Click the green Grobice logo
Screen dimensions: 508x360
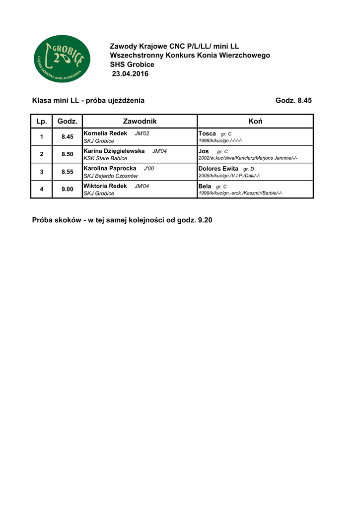click(62, 59)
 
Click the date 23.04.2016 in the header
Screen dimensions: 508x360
click(130, 74)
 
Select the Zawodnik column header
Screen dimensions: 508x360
click(140, 121)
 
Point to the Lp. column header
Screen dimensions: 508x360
click(41, 121)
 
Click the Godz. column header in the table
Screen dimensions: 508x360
click(67, 121)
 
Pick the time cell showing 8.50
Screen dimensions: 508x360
click(67, 154)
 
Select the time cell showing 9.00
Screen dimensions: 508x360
click(67, 189)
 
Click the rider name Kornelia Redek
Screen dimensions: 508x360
click(105, 133)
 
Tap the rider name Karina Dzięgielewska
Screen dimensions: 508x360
click(114, 151)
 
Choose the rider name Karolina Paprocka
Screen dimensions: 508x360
click(110, 168)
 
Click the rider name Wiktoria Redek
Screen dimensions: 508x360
click(105, 186)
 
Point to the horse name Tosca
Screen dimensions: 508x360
click(207, 133)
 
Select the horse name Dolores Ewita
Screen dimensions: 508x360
click(218, 168)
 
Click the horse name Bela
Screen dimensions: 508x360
click(205, 186)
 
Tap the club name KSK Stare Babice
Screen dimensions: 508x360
click(105, 158)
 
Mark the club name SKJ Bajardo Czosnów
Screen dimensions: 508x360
click(111, 176)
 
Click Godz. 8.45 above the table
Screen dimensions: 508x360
click(293, 100)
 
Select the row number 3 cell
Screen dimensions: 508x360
click(42, 172)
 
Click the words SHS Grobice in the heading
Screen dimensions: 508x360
click(132, 64)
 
